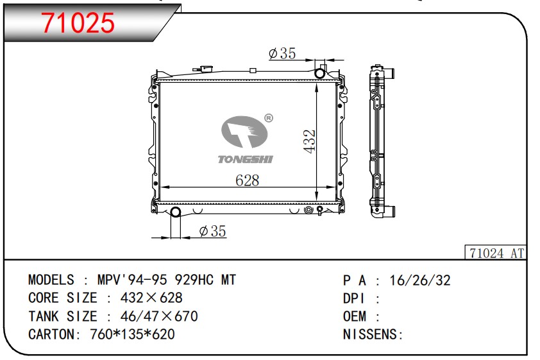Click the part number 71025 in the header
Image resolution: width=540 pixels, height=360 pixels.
point(78,22)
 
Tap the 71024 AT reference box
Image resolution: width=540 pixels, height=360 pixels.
point(494,253)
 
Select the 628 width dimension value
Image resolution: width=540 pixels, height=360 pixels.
point(247,180)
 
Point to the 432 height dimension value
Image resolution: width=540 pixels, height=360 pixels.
point(309,141)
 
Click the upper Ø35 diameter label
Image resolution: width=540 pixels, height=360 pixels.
point(282,54)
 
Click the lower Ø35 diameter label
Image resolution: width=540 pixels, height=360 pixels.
point(212,231)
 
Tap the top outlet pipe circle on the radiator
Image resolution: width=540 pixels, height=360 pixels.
point(319,72)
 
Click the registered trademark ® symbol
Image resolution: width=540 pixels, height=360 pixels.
point(269,118)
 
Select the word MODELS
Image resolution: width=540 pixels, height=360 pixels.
point(51,280)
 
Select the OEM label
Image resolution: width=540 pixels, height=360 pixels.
point(355,316)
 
